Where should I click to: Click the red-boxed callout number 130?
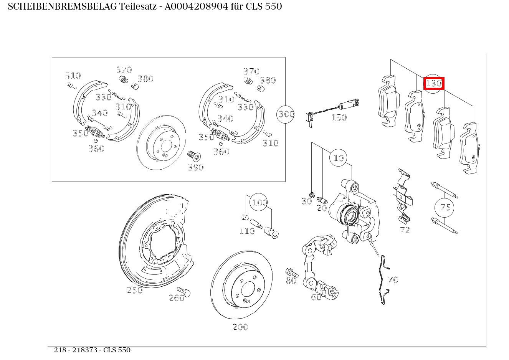click(x=434, y=83)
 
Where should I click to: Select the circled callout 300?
click(x=286, y=114)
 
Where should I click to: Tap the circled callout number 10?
click(x=339, y=158)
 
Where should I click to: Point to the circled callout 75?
click(x=445, y=207)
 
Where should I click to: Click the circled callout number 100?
click(x=259, y=202)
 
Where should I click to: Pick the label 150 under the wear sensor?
click(x=339, y=117)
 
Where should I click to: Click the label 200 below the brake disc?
click(x=240, y=327)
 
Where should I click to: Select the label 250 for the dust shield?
click(x=135, y=290)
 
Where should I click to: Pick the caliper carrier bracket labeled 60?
click(x=319, y=269)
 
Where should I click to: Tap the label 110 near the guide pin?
click(x=247, y=231)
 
